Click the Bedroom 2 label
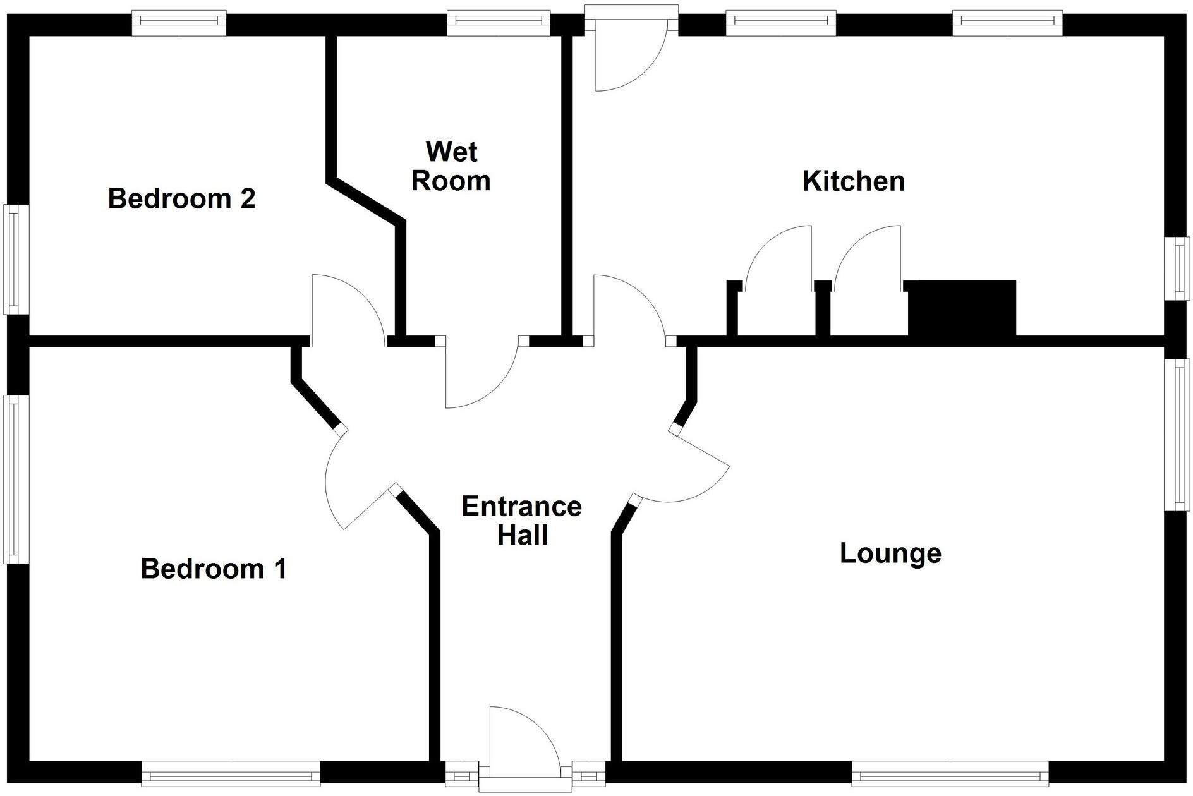[181, 198]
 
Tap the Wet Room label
[451, 166]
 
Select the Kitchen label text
[853, 181]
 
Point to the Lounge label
[890, 553]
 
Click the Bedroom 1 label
[214, 569]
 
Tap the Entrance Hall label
[521, 521]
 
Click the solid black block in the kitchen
[962, 308]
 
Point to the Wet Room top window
[499, 21]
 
